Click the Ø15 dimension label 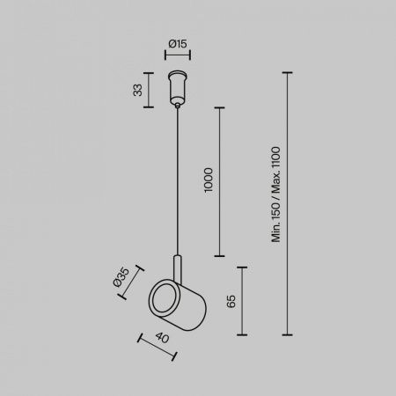tap(178, 44)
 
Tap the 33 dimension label tap(137, 90)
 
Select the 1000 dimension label tap(209, 180)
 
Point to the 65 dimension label tap(231, 301)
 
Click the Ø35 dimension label tap(121, 277)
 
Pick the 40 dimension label tap(162, 338)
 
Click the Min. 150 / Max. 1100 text tap(276, 194)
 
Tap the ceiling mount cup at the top tap(178, 87)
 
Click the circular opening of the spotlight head tap(164, 298)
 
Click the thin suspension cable tap(178, 181)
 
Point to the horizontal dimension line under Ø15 tap(178, 55)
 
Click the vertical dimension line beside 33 tap(149, 90)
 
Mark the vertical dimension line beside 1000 tap(219, 182)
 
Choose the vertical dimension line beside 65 tap(242, 301)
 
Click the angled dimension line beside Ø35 tap(130, 282)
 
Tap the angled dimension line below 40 tap(158, 348)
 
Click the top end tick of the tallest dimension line tap(287, 72)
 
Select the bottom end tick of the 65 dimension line tap(242, 334)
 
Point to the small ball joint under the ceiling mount tap(178, 106)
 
